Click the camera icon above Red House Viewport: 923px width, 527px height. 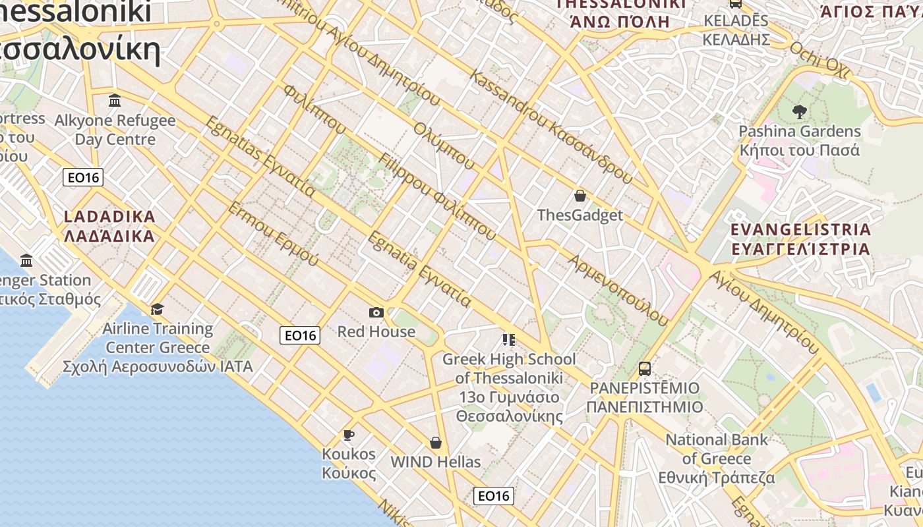coord(376,312)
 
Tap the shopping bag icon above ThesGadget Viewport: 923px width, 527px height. coord(580,196)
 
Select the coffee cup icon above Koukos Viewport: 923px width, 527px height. coord(349,435)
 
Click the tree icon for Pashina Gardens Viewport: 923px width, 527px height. coord(800,112)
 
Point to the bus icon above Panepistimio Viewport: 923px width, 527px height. coord(645,368)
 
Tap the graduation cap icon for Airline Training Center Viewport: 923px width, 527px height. coord(157,309)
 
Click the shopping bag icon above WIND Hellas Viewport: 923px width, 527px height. coord(435,443)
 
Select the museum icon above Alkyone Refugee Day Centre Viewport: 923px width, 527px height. coord(115,101)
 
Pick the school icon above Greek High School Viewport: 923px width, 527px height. coord(508,340)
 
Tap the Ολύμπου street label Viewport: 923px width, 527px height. coord(444,145)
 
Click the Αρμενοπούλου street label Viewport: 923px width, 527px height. coord(618,290)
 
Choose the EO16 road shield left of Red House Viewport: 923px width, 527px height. coord(300,335)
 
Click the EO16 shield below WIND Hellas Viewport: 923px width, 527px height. coord(494,496)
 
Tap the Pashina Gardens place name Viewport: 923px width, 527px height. coord(800,131)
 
